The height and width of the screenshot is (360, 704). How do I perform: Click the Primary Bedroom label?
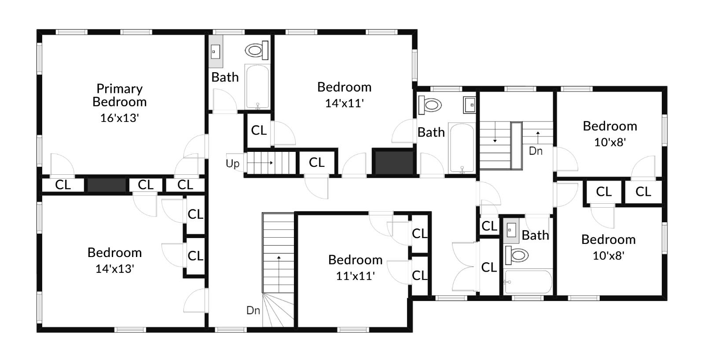(x=119, y=95)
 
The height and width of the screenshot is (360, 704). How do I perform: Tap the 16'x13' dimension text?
(x=119, y=118)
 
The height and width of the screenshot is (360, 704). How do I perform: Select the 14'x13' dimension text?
(x=114, y=268)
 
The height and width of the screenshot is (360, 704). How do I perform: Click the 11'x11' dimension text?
(x=355, y=276)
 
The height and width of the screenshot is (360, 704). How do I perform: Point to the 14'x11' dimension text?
(x=344, y=103)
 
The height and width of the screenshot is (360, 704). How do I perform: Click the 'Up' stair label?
(x=232, y=163)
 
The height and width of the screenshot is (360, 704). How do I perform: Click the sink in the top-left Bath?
(x=216, y=52)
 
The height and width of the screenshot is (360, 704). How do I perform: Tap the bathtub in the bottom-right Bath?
(x=528, y=282)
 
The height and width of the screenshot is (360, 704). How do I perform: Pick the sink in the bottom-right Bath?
(x=511, y=230)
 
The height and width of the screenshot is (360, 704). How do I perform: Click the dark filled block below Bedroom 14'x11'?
(x=393, y=163)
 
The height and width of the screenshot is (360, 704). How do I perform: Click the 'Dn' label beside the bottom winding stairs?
(x=253, y=310)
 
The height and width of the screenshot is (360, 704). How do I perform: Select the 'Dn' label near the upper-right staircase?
(x=535, y=151)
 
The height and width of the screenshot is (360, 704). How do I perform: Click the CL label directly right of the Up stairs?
(x=316, y=162)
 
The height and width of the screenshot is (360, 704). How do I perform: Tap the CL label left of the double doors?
(x=488, y=267)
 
